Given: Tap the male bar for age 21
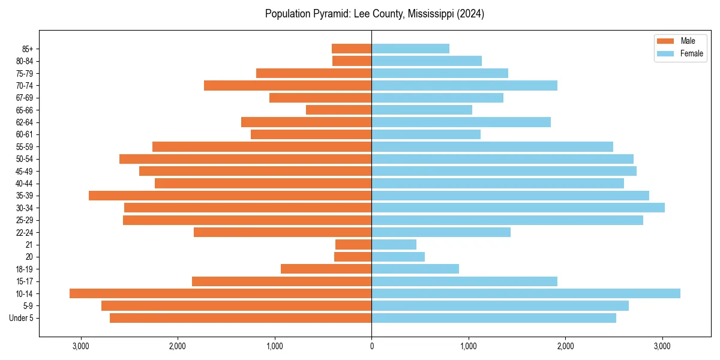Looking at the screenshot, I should tap(353, 245).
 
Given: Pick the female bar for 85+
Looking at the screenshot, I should tap(410, 49).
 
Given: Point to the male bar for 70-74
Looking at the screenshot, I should tap(287, 85).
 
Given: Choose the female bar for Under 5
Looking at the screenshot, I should tap(494, 318).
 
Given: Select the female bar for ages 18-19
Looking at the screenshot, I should tap(415, 269).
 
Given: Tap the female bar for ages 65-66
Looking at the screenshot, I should tap(422, 110).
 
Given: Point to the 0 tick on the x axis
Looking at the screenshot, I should tap(371, 346).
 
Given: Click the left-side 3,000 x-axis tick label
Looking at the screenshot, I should tap(80, 346).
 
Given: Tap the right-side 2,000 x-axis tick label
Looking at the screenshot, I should tap(565, 346).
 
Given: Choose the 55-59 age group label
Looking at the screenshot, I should tap(24, 147).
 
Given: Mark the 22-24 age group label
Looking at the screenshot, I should tap(24, 233).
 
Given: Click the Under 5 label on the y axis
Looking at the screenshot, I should tap(22, 318).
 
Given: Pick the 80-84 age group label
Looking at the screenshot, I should tap(24, 61).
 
